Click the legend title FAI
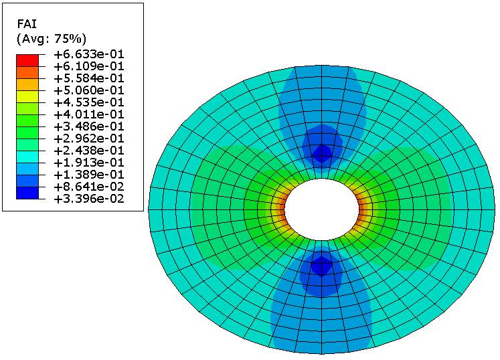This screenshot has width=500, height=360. pyautogui.click(x=27, y=24)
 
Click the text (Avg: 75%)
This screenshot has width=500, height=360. pyautogui.click(x=52, y=39)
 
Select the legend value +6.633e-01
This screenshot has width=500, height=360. pyautogui.click(x=89, y=54)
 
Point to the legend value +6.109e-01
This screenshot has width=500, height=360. pyautogui.click(x=89, y=67)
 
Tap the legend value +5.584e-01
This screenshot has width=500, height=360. pyautogui.click(x=89, y=78)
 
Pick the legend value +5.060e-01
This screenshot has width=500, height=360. pyautogui.click(x=89, y=90)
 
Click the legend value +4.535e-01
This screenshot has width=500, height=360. pyautogui.click(x=89, y=102)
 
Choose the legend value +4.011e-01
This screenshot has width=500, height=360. pyautogui.click(x=89, y=114)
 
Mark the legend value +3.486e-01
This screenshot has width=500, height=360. pyautogui.click(x=89, y=126)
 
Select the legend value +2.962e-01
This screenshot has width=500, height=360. pyautogui.click(x=89, y=139)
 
